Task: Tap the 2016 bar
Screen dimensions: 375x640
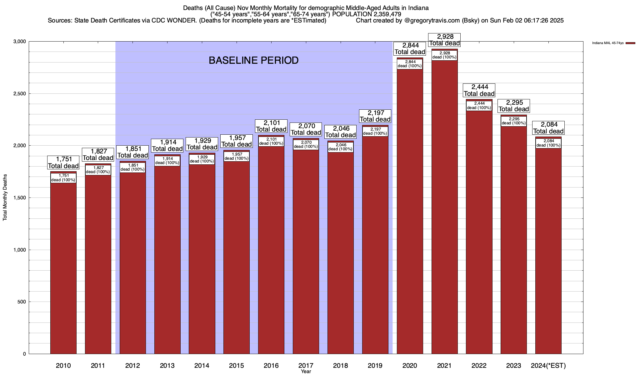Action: pyautogui.click(x=271, y=250)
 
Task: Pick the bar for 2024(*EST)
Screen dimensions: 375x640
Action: pyautogui.click(x=548, y=250)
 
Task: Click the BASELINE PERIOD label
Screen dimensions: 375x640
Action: pyautogui.click(x=253, y=60)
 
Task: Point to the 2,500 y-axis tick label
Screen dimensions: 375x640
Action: pyautogui.click(x=19, y=94)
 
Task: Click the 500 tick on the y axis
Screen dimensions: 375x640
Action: pyautogui.click(x=22, y=302)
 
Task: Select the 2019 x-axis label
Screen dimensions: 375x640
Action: pyautogui.click(x=375, y=365)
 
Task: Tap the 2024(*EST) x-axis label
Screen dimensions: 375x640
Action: pyautogui.click(x=548, y=365)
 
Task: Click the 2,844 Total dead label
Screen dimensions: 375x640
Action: pyautogui.click(x=410, y=49)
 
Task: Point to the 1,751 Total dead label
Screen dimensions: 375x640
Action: pyautogui.click(x=63, y=162)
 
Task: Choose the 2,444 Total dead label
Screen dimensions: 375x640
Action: pyautogui.click(x=479, y=90)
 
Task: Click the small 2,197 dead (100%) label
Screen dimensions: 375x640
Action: pyautogui.click(x=375, y=131)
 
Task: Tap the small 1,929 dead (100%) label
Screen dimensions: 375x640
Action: pyautogui.click(x=202, y=159)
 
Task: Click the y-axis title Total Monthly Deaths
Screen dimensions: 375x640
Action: pyautogui.click(x=5, y=198)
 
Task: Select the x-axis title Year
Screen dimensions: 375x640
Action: pyautogui.click(x=306, y=371)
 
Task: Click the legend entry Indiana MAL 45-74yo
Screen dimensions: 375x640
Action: pyautogui.click(x=608, y=43)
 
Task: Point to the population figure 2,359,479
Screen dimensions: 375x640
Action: pyautogui.click(x=387, y=14)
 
